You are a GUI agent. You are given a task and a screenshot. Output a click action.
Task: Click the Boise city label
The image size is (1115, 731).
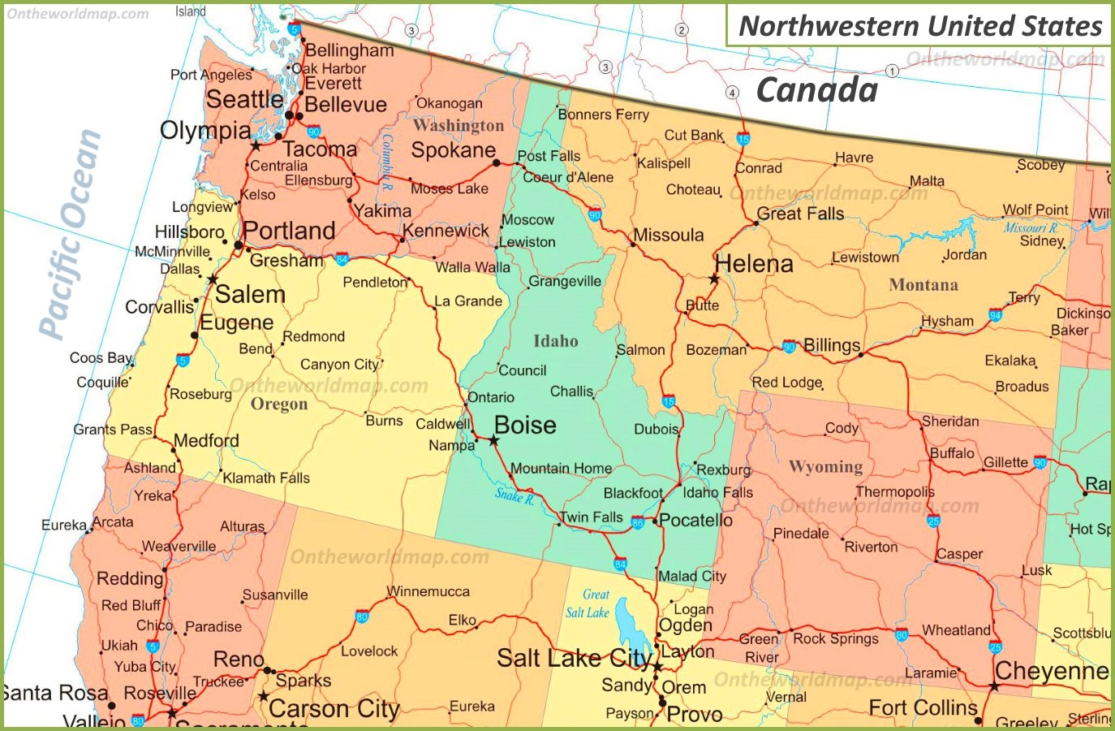[525, 426]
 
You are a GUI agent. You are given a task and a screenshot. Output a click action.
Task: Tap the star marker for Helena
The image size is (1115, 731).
[714, 279]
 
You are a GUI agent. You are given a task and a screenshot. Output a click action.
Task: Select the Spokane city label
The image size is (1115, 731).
[453, 150]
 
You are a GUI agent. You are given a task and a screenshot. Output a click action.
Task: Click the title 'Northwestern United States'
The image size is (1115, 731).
[920, 26]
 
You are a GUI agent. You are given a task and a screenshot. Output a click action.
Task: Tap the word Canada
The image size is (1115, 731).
[816, 90]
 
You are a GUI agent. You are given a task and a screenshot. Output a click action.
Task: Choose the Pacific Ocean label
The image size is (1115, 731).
[71, 234]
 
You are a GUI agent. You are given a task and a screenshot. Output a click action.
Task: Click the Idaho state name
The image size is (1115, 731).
[556, 341]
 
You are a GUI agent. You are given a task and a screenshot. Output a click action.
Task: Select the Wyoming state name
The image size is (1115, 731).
[825, 467]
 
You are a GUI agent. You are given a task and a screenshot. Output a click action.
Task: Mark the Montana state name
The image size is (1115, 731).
[923, 285]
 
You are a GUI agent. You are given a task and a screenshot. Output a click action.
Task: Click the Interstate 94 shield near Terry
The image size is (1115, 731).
[996, 316]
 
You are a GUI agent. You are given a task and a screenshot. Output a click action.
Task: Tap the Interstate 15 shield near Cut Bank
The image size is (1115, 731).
[743, 139]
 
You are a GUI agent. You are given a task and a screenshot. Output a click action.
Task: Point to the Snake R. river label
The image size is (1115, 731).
[514, 495]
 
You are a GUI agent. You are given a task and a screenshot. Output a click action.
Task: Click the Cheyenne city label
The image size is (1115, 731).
[1051, 671]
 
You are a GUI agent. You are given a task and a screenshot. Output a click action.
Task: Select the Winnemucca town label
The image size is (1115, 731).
[428, 591]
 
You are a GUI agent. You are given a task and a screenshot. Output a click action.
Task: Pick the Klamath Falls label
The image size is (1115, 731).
[266, 478]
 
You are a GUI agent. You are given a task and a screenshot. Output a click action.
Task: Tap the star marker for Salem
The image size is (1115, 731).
[213, 280]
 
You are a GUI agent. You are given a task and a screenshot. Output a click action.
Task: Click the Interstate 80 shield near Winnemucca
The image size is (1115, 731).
[362, 617]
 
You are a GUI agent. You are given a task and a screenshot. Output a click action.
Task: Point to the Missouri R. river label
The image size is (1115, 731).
[1031, 227]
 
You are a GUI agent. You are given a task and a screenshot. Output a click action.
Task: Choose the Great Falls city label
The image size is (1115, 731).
[800, 214]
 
